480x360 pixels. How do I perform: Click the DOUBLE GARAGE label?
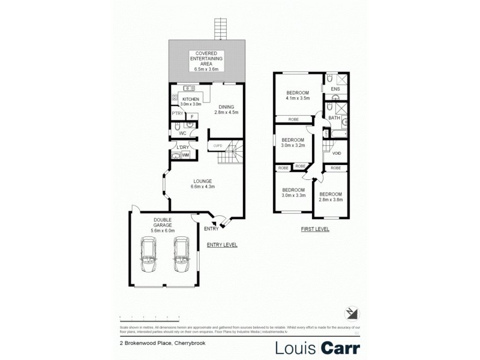(162, 222)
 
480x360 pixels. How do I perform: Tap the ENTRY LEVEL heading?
(222, 245)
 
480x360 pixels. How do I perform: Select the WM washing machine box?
(185, 155)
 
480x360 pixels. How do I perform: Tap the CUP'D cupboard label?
(217, 146)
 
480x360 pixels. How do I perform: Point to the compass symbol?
(352, 313)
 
